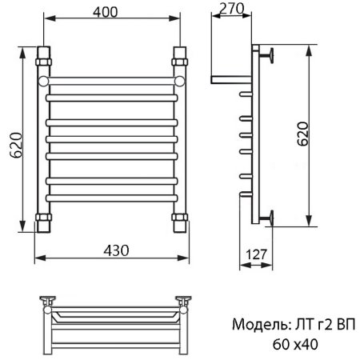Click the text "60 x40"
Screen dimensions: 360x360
[x=296, y=345]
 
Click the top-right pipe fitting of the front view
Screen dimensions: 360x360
[x=181, y=59]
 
